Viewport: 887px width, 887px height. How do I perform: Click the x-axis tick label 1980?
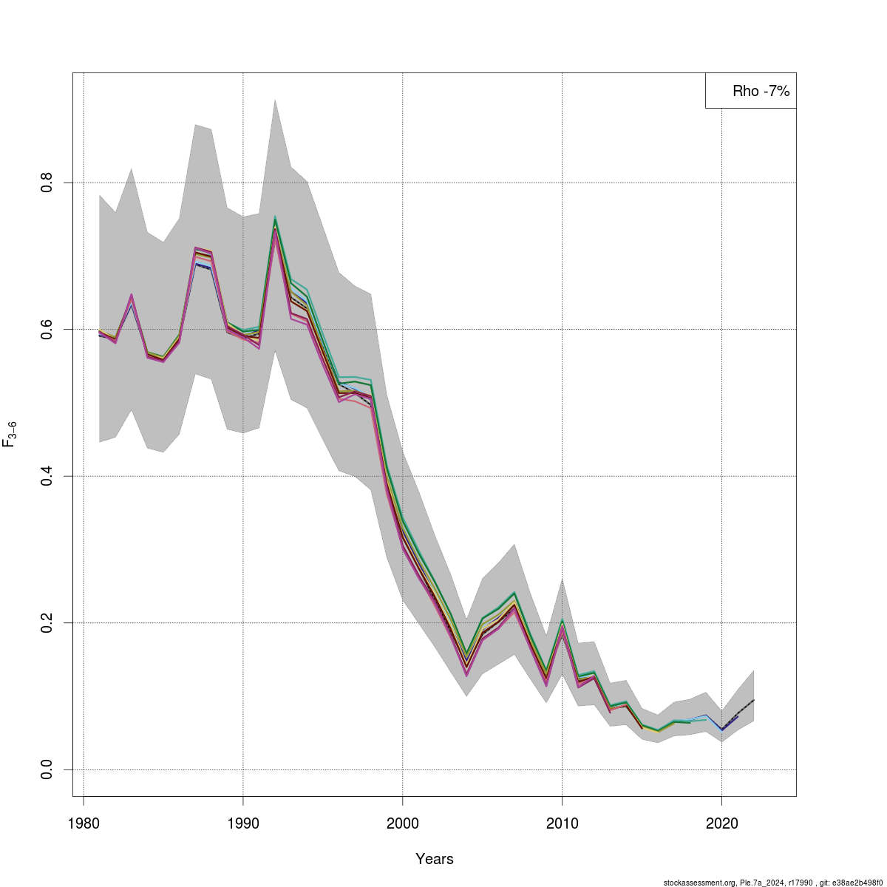(84, 822)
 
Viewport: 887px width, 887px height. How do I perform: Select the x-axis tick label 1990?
(243, 822)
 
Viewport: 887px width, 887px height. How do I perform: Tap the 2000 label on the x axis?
(403, 822)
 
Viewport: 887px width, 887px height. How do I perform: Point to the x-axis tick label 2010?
(563, 822)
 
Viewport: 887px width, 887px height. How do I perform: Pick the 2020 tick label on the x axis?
(721, 822)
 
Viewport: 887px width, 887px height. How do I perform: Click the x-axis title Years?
(435, 859)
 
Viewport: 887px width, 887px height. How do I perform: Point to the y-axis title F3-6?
(10, 435)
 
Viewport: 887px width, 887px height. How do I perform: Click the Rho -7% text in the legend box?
(761, 92)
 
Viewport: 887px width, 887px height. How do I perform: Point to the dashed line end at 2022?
(753, 699)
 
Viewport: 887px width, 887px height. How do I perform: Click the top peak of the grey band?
(275, 100)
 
